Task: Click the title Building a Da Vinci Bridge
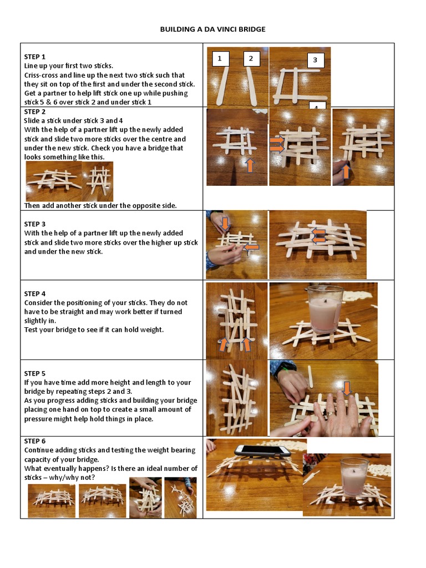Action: tap(212, 29)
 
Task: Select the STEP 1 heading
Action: tap(34, 57)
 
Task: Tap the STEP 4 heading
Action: tap(34, 293)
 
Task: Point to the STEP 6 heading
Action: tap(34, 441)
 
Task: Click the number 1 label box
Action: tap(220, 58)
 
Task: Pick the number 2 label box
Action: tap(251, 58)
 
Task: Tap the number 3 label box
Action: tap(315, 60)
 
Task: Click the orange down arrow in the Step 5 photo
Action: tap(347, 388)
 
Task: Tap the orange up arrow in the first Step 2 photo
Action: tap(250, 164)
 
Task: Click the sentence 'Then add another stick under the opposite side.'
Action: tap(100, 206)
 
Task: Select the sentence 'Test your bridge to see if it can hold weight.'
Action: tap(94, 329)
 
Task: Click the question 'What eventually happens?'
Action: tap(62, 468)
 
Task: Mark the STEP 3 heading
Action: tap(34, 224)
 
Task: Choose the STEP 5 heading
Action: tap(34, 373)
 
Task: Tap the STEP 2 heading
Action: tap(34, 111)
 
